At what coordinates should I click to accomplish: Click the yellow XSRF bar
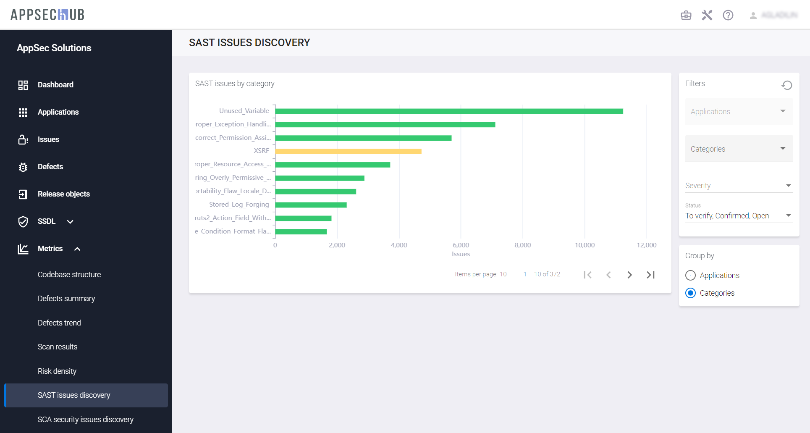[x=348, y=151]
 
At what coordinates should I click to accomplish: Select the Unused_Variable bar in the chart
[x=449, y=111]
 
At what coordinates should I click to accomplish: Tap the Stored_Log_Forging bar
[x=311, y=205]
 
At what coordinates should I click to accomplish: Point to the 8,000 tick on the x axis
[x=522, y=245]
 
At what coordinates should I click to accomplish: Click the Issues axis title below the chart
[x=461, y=254]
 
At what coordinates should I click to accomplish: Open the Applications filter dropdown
[x=739, y=112]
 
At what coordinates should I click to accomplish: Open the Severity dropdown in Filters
[x=739, y=186]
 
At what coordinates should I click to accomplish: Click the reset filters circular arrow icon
[x=786, y=85]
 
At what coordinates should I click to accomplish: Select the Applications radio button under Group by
[x=690, y=276]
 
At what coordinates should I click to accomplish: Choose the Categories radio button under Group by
[x=690, y=293]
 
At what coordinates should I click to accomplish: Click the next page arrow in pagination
[x=629, y=275]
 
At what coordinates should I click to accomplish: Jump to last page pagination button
[x=650, y=275]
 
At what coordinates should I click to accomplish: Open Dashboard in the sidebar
[x=55, y=85]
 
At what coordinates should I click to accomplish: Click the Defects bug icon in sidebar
[x=23, y=167]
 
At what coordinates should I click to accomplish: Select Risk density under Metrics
[x=57, y=371]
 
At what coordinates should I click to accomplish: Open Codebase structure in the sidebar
[x=69, y=275]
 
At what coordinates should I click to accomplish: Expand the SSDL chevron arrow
[x=70, y=222]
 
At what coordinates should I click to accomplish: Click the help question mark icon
[x=728, y=16]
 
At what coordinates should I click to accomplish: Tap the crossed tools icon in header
[x=707, y=16]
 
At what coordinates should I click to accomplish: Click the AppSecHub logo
[x=47, y=15]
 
